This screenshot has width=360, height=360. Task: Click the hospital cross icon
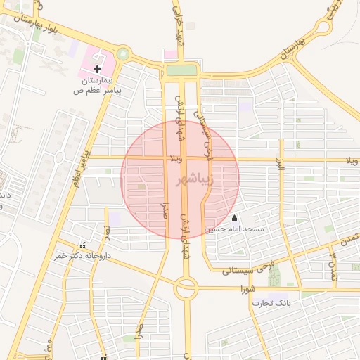(x=97, y=68)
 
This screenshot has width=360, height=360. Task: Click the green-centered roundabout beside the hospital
(x=124, y=53)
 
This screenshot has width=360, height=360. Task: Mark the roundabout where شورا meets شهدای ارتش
(x=186, y=287)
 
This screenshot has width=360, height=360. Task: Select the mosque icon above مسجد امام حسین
(x=234, y=218)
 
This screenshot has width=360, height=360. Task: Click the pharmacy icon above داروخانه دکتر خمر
(x=84, y=245)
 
